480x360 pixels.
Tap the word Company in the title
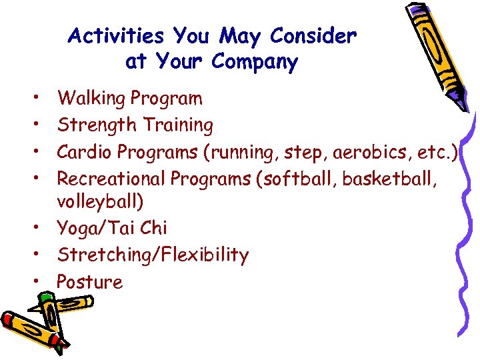(x=255, y=62)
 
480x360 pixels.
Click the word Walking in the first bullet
(x=91, y=99)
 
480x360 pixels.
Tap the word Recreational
(x=111, y=179)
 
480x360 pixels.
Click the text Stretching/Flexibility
(x=153, y=255)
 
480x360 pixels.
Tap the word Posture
(x=90, y=282)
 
